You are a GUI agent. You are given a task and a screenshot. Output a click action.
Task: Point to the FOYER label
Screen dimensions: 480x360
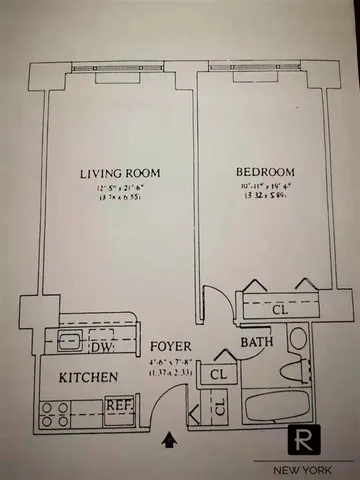point(170,347)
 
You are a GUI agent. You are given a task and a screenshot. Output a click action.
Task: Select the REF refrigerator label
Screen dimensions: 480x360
point(119,406)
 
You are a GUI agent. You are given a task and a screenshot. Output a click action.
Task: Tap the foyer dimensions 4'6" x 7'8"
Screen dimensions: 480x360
point(170,364)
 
